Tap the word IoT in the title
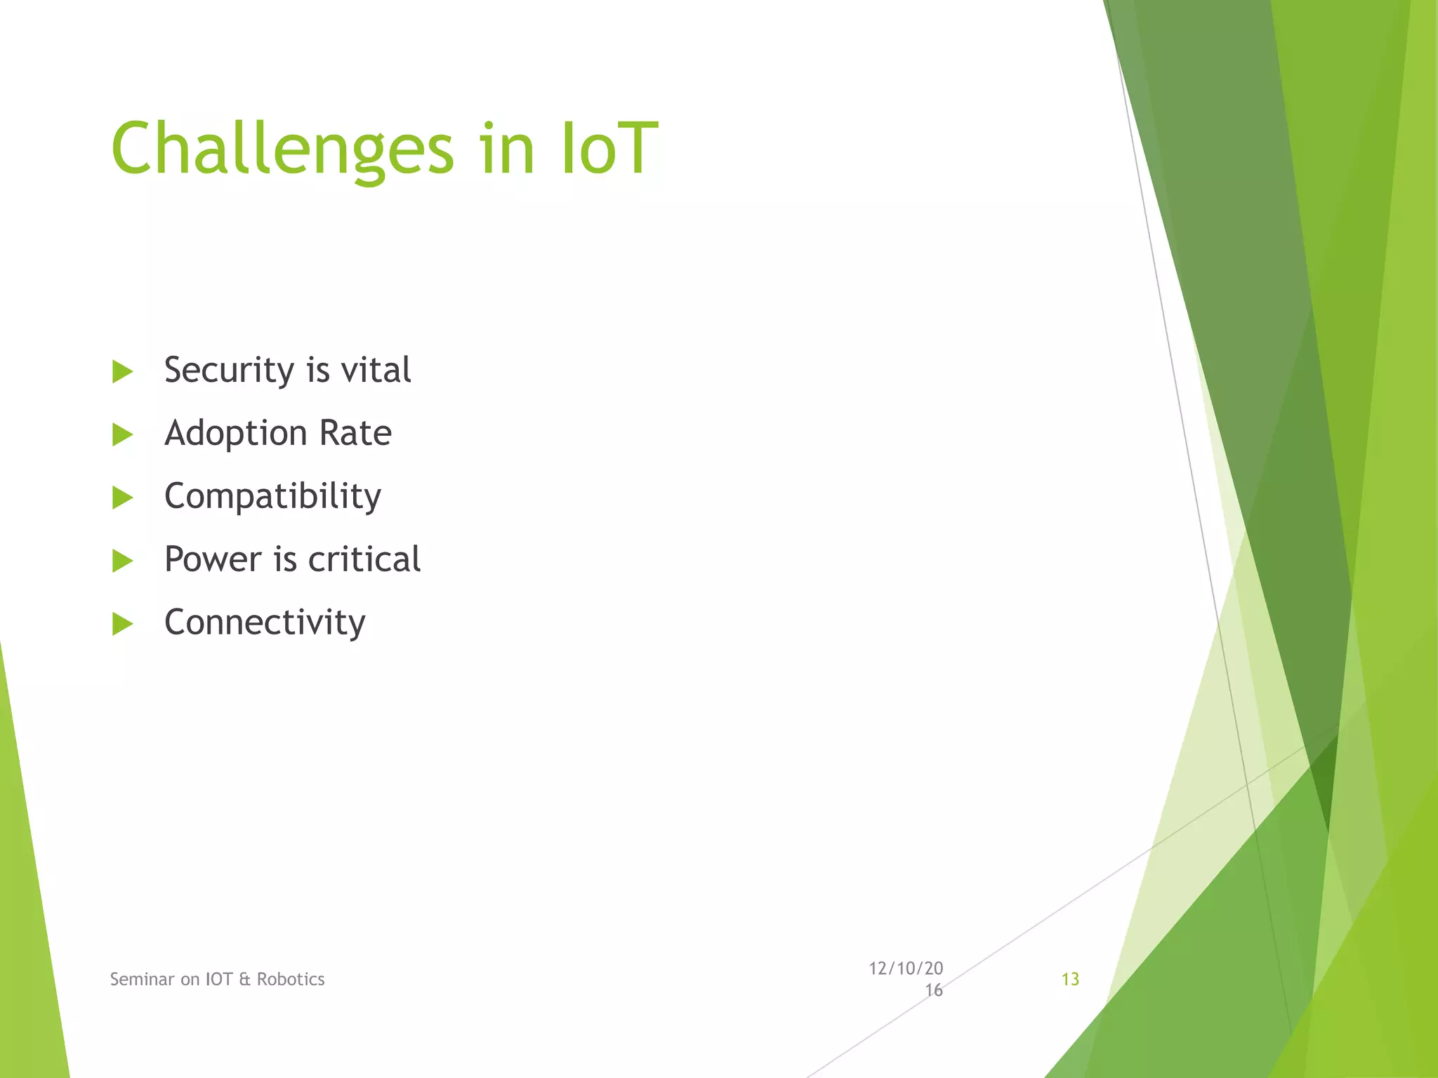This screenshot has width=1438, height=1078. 609,149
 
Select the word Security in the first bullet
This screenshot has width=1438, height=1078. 229,370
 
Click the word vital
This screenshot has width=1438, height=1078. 376,370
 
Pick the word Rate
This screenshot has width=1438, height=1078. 355,433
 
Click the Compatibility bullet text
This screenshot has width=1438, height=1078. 272,496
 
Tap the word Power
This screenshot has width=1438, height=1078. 213,559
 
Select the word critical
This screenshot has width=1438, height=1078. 364,559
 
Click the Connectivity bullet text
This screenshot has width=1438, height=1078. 265,623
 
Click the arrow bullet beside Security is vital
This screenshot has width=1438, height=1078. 122,371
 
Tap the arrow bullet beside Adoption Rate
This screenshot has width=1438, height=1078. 122,434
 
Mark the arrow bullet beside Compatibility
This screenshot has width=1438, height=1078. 122,498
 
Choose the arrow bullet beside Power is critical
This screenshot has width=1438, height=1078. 122,561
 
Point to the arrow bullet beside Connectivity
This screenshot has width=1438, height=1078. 122,623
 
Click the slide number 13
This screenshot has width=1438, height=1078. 1070,979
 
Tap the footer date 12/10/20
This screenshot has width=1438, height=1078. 906,969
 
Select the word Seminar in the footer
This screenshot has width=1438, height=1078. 142,979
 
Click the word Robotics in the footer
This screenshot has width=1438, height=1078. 291,979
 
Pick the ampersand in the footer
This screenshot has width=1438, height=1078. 244,979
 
